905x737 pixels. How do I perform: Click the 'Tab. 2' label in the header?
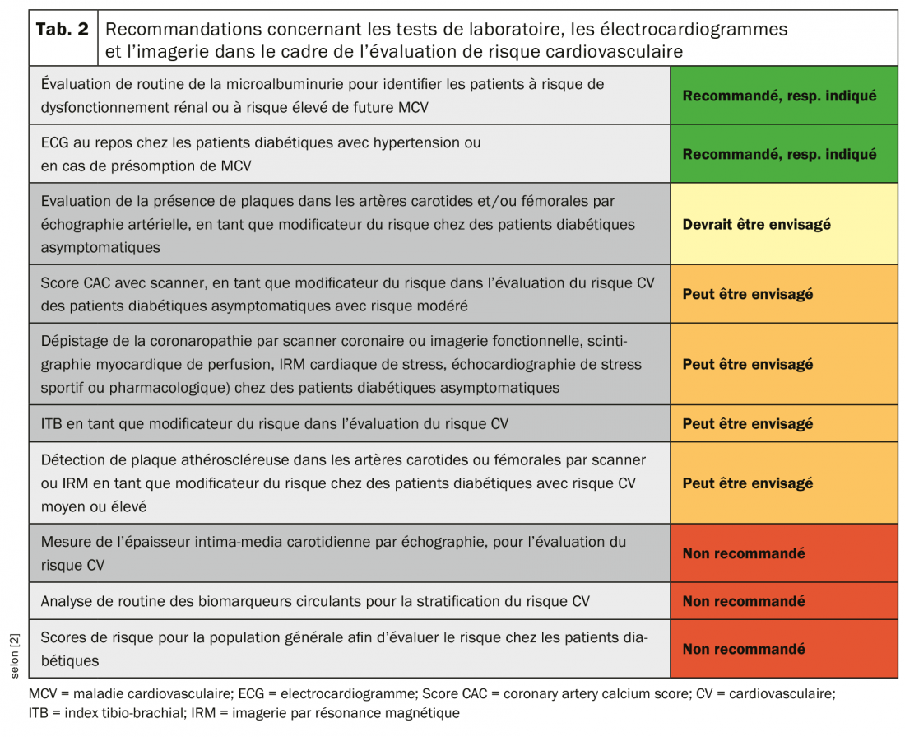pyautogui.click(x=63, y=30)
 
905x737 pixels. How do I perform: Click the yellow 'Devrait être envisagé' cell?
pyautogui.click(x=756, y=224)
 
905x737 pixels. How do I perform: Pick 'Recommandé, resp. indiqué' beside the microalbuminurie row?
pyautogui.click(x=779, y=95)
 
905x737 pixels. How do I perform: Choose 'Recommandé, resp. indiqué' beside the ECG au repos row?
pyautogui.click(x=779, y=154)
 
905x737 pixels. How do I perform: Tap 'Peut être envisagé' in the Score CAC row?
pyautogui.click(x=748, y=294)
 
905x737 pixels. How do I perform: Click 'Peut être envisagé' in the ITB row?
pyautogui.click(x=748, y=423)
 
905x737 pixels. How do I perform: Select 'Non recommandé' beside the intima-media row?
pyautogui.click(x=744, y=553)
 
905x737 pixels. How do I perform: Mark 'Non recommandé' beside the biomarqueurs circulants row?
pyautogui.click(x=744, y=601)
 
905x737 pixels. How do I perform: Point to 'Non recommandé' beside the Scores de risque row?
pyautogui.click(x=744, y=649)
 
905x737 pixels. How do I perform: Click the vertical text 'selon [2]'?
pyautogui.click(x=16, y=654)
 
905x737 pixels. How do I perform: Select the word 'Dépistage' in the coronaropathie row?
pyautogui.click(x=76, y=340)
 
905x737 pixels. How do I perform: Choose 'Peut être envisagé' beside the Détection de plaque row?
pyautogui.click(x=748, y=483)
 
